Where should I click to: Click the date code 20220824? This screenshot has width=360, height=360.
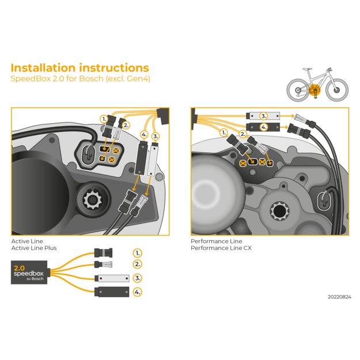point(339,297)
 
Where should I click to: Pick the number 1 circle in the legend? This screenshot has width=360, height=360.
point(137,253)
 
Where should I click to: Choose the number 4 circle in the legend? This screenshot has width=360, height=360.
point(137,292)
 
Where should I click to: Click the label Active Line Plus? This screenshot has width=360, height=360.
point(34,248)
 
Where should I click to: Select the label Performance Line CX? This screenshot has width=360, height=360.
point(221,248)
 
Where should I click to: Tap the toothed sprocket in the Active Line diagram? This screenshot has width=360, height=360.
point(92,202)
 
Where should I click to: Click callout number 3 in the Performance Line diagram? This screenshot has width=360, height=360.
point(263,116)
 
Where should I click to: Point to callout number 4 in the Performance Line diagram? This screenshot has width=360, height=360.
point(263,127)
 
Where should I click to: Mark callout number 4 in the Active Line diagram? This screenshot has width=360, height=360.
point(145,135)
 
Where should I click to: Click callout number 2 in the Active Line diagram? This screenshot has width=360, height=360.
point(126,124)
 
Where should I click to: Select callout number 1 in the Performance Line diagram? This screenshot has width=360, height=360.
point(223,132)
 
